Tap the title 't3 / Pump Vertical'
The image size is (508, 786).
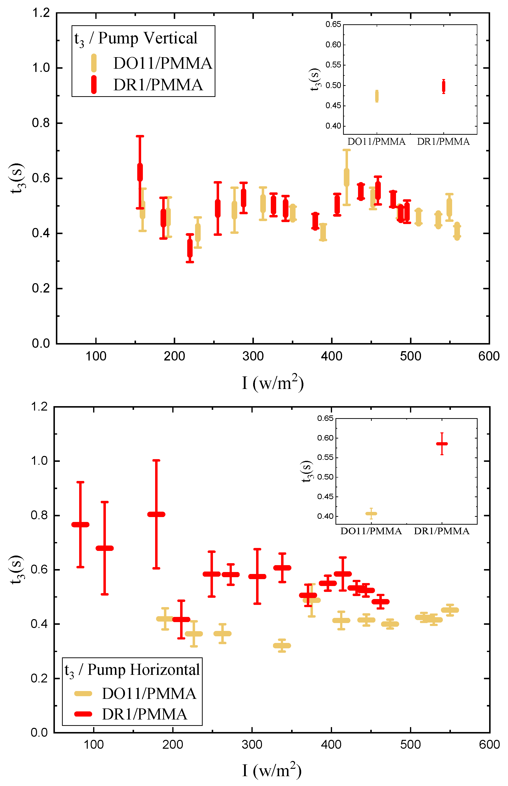[x=136, y=38]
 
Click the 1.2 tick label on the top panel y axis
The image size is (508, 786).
[x=41, y=13]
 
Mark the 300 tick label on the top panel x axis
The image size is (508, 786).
[x=253, y=356]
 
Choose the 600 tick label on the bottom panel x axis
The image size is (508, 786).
[x=489, y=745]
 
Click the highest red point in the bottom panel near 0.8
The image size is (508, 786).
[x=156, y=514]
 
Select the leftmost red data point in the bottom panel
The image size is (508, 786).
[x=80, y=524]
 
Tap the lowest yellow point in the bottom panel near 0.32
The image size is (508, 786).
[x=282, y=646]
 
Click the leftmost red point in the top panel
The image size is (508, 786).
[x=140, y=172]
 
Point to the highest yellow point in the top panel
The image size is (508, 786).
[x=346, y=177]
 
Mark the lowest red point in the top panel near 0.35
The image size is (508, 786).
[x=190, y=248]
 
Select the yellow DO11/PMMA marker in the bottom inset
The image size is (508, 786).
[x=371, y=514]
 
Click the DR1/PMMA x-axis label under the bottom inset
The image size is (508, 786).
[x=441, y=531]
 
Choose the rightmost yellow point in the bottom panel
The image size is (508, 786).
[x=450, y=610]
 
